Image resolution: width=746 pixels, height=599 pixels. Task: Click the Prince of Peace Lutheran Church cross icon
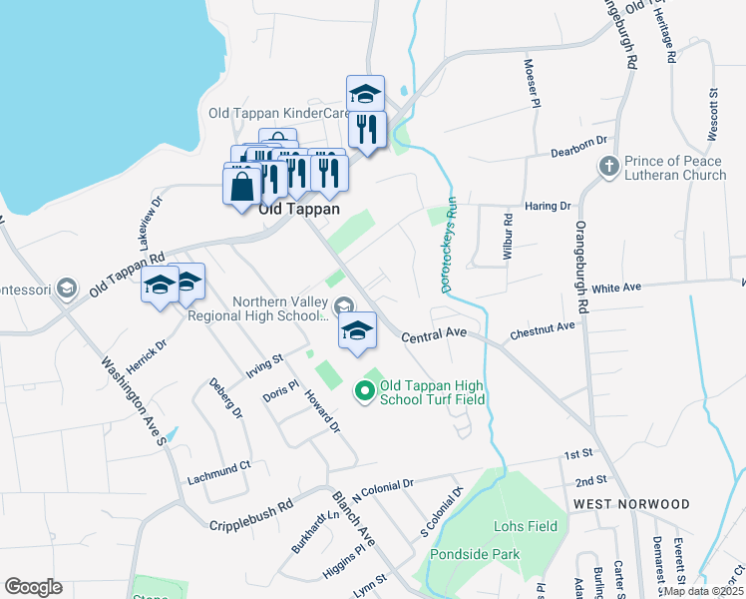(x=608, y=166)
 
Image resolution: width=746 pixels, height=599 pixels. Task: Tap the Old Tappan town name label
(x=298, y=210)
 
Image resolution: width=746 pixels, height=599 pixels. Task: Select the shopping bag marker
(x=242, y=187)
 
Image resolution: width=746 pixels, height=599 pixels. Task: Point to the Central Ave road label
(x=435, y=338)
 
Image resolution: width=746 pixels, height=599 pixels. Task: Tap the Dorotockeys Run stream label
(x=450, y=245)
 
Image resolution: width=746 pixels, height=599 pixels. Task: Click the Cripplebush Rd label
(x=250, y=513)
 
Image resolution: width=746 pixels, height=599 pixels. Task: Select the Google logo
(x=33, y=587)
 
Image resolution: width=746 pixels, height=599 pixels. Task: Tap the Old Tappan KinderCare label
(x=278, y=113)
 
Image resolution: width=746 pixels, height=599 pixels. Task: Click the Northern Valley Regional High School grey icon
(x=343, y=304)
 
